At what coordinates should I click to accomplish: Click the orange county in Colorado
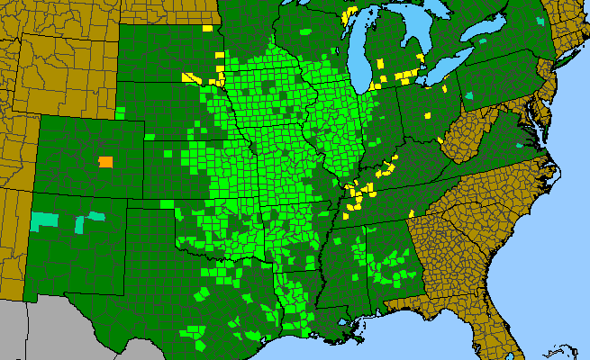(x=105, y=162)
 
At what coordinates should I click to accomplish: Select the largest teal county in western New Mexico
(x=42, y=220)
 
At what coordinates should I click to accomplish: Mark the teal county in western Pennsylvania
(x=473, y=94)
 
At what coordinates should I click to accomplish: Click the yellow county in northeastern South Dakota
(x=207, y=28)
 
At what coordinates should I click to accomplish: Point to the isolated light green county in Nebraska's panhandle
(x=121, y=112)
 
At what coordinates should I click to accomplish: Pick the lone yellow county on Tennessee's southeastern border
(x=411, y=213)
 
